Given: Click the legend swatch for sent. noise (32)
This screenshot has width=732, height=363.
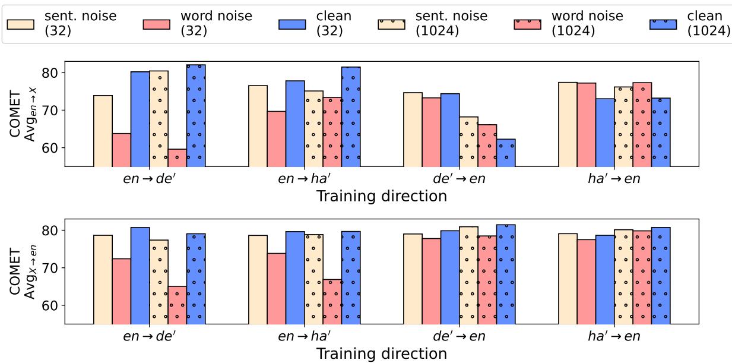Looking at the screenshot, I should click(20, 24).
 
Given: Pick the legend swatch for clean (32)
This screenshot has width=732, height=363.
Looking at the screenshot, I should click(293, 24).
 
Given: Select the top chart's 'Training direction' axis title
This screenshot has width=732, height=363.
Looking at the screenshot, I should click(381, 196).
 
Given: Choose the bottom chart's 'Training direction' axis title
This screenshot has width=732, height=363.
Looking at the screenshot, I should click(381, 353).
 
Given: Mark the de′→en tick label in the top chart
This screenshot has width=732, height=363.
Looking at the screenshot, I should click(459, 179).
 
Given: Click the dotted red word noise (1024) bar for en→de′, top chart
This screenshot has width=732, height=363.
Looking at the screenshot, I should click(178, 158).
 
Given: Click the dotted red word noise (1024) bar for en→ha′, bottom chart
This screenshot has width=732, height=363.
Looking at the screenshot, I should click(332, 301).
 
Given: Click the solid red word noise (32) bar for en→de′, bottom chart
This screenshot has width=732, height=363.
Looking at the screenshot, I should click(122, 291).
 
